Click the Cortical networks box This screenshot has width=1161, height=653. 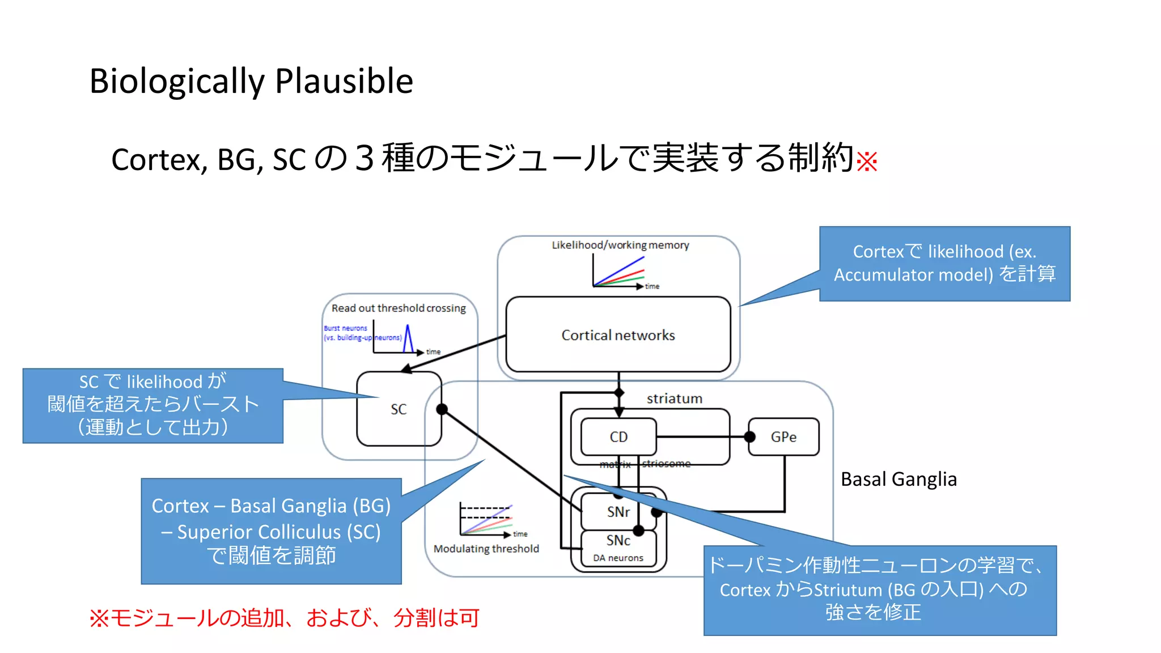[x=618, y=334]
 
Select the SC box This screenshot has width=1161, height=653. [x=399, y=409]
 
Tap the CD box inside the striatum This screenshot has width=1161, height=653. [x=618, y=436]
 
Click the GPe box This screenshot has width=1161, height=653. [x=783, y=436]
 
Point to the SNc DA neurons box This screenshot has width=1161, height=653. [x=618, y=548]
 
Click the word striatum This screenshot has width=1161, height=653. [x=674, y=398]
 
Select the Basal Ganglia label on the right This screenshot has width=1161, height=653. [x=899, y=479]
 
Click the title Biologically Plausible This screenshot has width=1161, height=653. [x=251, y=80]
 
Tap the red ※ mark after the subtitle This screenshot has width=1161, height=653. [x=867, y=162]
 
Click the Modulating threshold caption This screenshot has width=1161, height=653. [x=486, y=549]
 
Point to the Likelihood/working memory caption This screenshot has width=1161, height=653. [x=620, y=245]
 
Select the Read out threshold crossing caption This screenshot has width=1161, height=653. [x=399, y=308]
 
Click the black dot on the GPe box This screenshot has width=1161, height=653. [x=749, y=436]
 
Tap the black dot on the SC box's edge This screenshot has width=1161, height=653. [x=442, y=409]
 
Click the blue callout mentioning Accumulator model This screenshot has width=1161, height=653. [x=944, y=263]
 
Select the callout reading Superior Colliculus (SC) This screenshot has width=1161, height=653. [x=271, y=531]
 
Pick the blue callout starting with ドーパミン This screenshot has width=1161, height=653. [x=879, y=590]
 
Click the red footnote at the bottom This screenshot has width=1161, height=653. [x=284, y=618]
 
